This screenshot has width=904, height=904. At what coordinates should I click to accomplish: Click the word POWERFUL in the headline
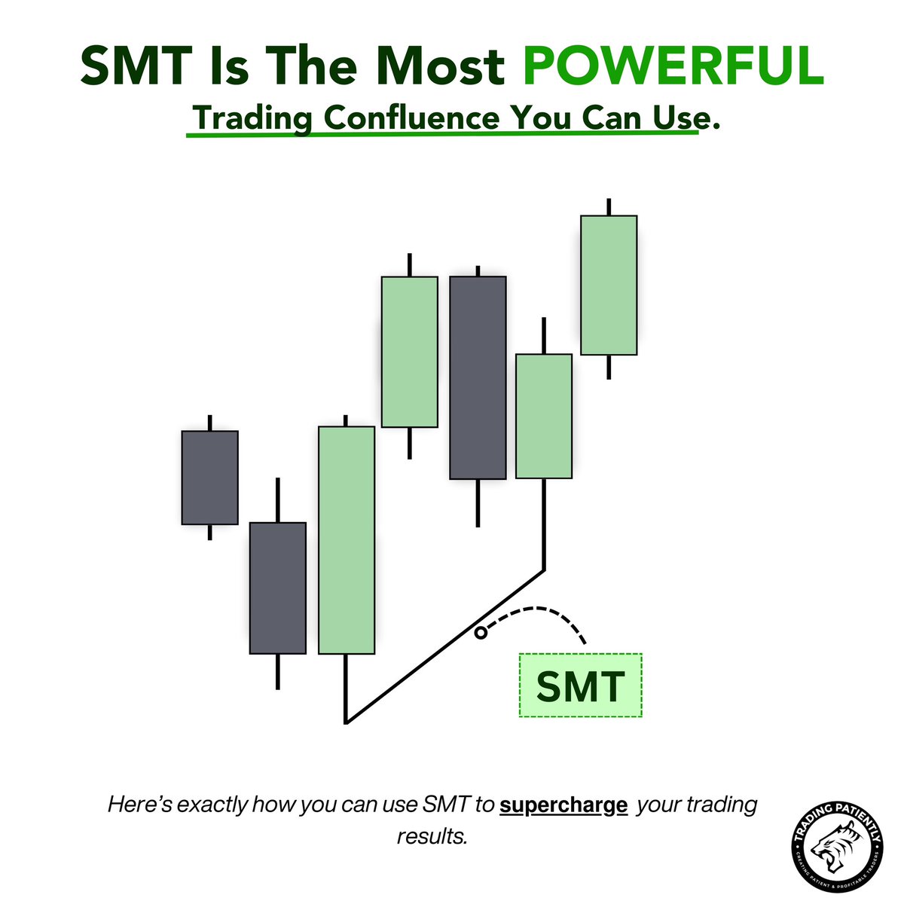point(673,67)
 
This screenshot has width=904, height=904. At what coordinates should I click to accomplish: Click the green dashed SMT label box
point(580,686)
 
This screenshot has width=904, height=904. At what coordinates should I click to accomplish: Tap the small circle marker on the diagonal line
point(480,633)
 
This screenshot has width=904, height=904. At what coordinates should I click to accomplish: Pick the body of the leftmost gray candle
point(209,478)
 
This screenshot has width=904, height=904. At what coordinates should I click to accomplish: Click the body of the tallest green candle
point(347,540)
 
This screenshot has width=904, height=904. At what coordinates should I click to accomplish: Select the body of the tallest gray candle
point(478,377)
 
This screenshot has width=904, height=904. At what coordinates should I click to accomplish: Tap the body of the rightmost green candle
point(609,285)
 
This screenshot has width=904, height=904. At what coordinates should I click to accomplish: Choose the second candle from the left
point(278,588)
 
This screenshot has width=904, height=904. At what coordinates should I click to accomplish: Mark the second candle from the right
point(543,416)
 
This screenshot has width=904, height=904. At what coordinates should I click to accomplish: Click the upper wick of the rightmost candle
point(609,207)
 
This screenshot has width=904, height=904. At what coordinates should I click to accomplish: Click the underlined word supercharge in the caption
point(563,805)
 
